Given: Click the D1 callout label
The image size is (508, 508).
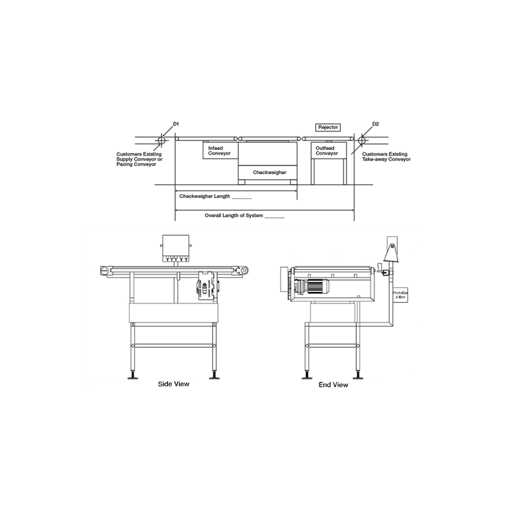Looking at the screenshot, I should (x=177, y=124).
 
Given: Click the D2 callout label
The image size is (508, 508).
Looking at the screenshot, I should (x=375, y=124).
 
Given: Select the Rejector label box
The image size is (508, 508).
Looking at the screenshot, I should (x=329, y=128).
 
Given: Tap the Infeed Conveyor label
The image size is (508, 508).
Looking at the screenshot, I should (x=219, y=150).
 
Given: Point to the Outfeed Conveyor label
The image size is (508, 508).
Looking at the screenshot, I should (x=327, y=150).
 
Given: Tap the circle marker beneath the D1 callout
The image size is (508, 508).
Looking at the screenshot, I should (x=161, y=139).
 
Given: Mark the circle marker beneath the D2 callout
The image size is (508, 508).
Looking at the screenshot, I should (x=363, y=139).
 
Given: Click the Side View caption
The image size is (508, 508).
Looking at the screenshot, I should (x=173, y=384).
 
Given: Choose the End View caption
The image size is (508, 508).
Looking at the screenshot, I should (x=333, y=384).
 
